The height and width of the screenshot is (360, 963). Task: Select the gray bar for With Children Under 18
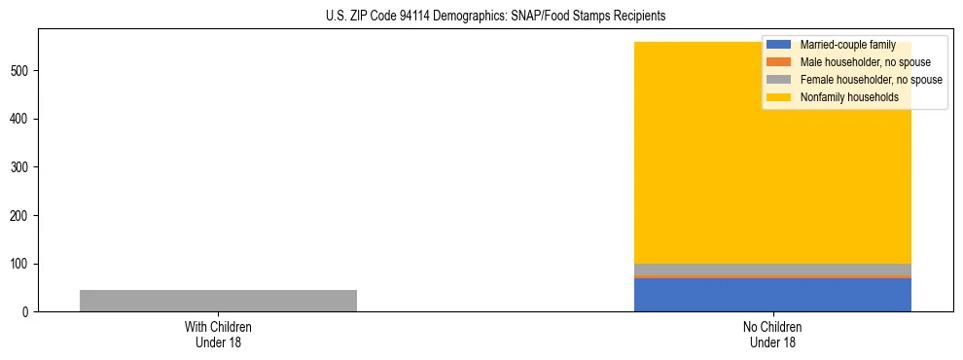pyautogui.click(x=218, y=301)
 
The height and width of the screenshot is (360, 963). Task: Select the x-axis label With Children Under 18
pyautogui.click(x=218, y=334)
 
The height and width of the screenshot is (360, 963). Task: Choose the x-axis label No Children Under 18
pyautogui.click(x=772, y=334)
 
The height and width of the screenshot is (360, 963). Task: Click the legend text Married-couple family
pyautogui.click(x=847, y=45)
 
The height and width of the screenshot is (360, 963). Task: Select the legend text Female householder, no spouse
pyautogui.click(x=871, y=80)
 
